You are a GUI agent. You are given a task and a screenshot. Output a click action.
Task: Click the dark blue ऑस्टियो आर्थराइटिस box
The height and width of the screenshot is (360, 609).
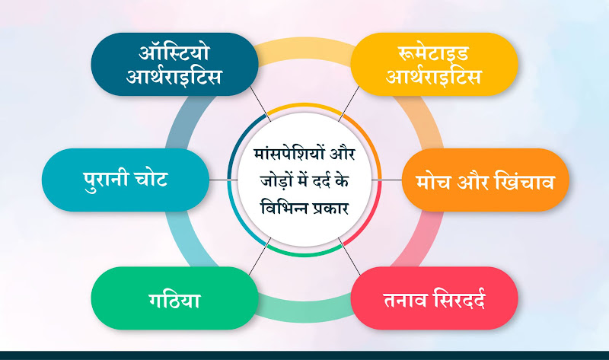(175, 64)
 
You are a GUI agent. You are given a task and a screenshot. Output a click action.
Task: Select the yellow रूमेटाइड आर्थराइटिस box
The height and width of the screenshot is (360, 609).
(434, 64)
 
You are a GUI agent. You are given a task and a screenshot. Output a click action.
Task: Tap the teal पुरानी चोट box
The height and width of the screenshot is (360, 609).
(126, 180)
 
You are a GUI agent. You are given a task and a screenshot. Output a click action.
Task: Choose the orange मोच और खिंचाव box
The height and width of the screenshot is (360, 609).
(485, 180)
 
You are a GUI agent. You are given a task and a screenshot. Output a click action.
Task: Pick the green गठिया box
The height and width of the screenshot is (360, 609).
(175, 298)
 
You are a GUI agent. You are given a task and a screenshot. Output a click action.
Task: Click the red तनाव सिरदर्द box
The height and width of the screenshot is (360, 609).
(434, 298)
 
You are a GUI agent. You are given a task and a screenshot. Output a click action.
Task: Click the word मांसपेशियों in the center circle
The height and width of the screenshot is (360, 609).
(289, 153)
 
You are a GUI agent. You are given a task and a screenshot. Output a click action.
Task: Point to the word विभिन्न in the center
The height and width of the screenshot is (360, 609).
(283, 207)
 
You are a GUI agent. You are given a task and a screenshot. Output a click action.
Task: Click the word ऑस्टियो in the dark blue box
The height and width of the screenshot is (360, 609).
(174, 53)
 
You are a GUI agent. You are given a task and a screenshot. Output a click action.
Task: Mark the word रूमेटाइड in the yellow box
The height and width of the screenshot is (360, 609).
(433, 53)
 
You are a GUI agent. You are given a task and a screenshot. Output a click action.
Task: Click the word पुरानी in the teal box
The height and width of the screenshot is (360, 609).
(106, 180)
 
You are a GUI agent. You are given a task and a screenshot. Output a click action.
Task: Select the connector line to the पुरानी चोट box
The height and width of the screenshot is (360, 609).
(223, 180)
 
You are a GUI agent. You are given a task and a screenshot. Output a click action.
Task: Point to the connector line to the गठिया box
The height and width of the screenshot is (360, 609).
(260, 256)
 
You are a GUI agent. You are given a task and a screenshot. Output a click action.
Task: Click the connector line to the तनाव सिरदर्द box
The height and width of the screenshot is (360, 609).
(349, 256)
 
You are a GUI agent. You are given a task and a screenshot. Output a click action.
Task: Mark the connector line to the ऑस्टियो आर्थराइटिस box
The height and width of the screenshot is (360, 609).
(260, 104)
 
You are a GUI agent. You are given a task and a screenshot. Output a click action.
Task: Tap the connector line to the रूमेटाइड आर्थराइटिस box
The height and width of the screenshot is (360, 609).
(349, 104)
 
